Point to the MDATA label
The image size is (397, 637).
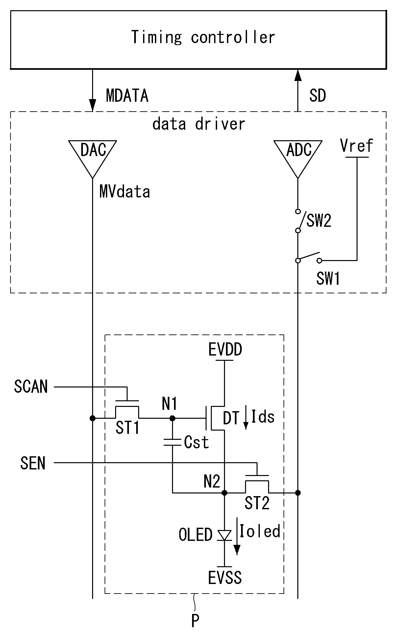[x=127, y=95]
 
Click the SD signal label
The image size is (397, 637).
[x=317, y=95]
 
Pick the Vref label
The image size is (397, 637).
[x=357, y=146]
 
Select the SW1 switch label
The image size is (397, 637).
[x=328, y=279]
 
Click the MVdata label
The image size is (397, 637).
[x=125, y=192]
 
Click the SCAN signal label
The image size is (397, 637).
[x=31, y=386]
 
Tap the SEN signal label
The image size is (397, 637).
[x=33, y=463]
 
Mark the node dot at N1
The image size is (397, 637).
[x=172, y=418]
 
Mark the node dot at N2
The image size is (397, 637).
[x=225, y=493]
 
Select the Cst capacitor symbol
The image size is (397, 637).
[x=172, y=442]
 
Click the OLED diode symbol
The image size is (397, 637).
[x=225, y=536]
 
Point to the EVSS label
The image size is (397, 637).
[x=225, y=577]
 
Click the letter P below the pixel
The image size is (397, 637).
[x=195, y=622]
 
